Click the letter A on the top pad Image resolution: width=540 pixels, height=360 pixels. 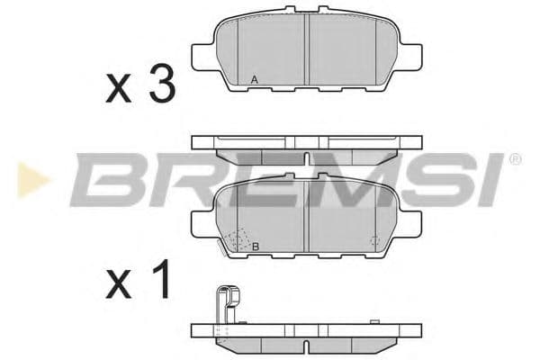(x=255, y=81)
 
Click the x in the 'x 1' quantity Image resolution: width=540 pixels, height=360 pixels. (x=119, y=287)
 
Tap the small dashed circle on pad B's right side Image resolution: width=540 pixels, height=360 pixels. (x=373, y=241)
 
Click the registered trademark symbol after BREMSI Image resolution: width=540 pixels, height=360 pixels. (x=514, y=159)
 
